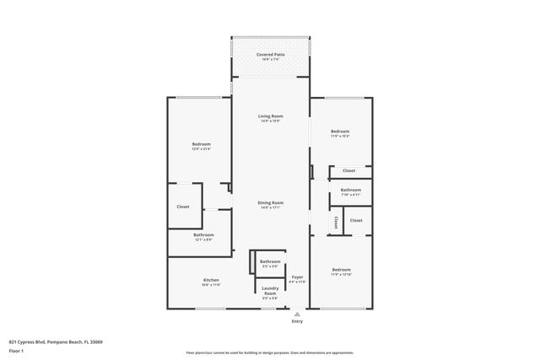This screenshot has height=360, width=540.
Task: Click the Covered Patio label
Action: coord(271,54)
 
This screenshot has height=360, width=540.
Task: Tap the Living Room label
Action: coord(270,116)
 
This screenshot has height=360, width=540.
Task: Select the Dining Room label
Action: coord(270,202)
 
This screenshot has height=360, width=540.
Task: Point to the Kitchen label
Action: coord(211,280)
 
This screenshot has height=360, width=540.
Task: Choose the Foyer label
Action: coord(297,277)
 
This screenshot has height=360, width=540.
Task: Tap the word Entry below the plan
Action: coord(297,321)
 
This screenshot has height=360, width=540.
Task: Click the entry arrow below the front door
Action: coord(297,312)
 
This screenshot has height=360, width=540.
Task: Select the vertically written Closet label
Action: coord(336,223)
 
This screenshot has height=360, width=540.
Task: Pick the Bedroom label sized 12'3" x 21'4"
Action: coord(201,144)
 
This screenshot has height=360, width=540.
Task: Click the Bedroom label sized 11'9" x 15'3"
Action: coord(340,132)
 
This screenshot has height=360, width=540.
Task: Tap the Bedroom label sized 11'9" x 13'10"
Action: coord(340,271)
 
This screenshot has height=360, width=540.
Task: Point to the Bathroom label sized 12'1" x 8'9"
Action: coord(203,234)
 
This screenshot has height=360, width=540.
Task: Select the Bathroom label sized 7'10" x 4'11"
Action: coord(351,190)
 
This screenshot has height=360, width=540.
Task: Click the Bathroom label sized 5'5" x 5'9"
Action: coord(270,261)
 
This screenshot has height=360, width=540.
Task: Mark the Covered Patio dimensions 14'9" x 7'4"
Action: coord(271,59)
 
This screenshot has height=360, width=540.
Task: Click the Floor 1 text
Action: coord(17,350)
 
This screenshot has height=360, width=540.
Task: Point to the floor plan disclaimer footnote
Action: coord(270,352)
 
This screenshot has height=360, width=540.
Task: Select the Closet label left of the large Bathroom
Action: coord(183,207)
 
